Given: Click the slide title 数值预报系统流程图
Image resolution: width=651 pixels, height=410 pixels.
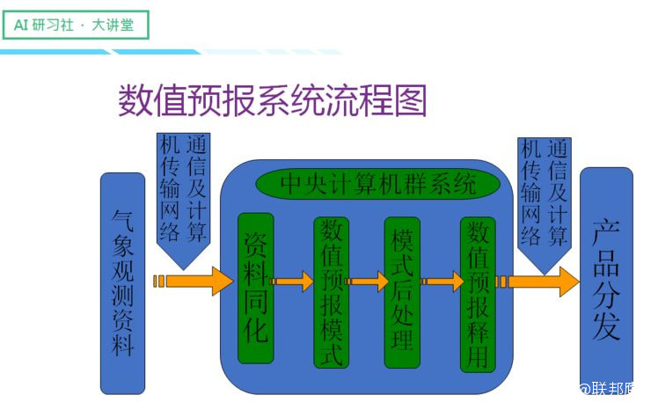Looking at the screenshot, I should coord(272,101).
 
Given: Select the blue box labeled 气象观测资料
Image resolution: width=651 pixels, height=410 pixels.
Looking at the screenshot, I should coord(122,282).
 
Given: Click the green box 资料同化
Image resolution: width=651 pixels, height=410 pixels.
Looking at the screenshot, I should coord(255,289).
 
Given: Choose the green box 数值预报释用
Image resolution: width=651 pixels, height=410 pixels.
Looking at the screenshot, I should coord(478,295).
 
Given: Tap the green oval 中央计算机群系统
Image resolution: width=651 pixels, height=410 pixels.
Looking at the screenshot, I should coord(377,185).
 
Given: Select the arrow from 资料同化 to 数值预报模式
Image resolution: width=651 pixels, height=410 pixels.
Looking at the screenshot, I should coord(293,282).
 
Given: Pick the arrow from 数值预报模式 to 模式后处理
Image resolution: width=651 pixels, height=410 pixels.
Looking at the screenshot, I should coord(368,282).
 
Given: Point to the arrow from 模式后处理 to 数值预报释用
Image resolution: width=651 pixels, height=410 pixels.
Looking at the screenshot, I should coord(443,282).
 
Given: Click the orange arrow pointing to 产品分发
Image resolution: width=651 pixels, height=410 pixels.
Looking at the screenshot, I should coord(539,282).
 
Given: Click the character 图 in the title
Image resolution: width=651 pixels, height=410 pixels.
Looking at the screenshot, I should coord(408,101).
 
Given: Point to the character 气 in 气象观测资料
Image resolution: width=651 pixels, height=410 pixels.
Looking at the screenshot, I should coord(122,220).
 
